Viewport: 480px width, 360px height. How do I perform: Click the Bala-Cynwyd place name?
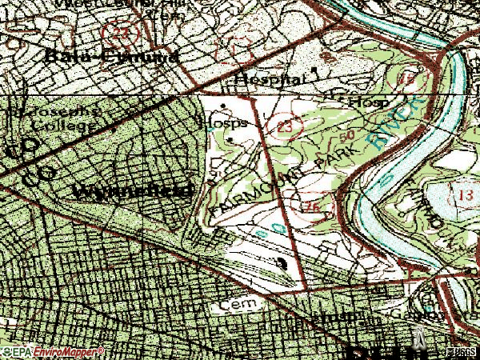click(x=112, y=57)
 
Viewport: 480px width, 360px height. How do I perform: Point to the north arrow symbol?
click(x=417, y=339)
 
